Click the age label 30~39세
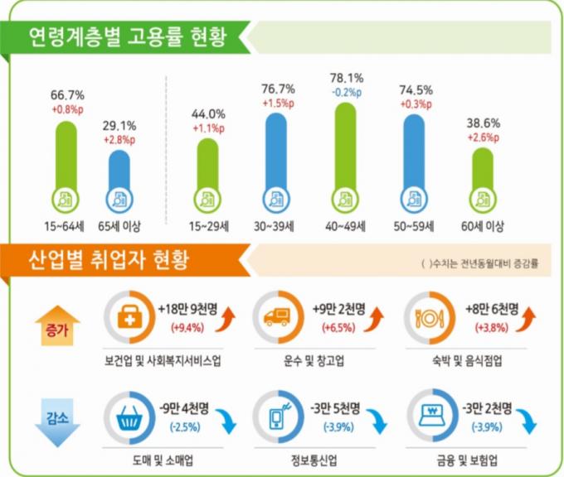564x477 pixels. (278, 225)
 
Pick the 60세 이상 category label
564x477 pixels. (485, 225)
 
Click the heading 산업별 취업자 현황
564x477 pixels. (108, 261)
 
